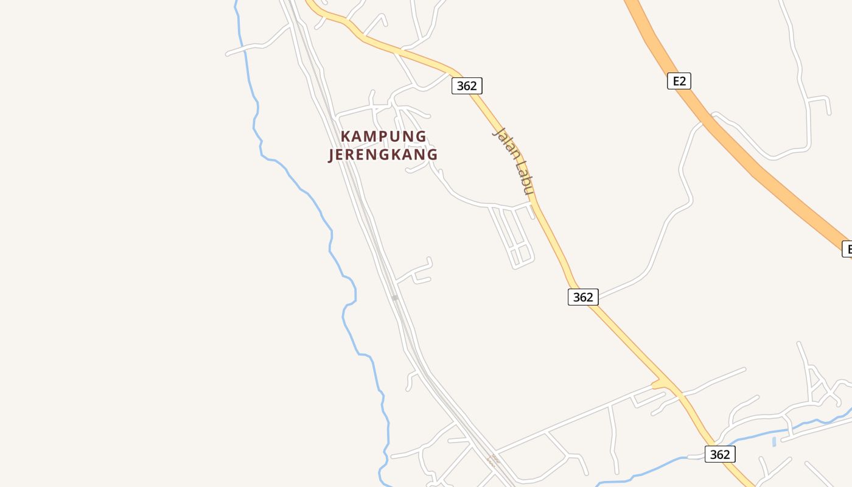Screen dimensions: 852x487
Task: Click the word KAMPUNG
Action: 383,136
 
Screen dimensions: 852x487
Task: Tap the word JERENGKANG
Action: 383,155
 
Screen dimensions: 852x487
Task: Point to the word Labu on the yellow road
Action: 523,177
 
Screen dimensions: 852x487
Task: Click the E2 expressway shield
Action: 679,81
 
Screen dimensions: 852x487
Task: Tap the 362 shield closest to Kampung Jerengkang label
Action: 467,86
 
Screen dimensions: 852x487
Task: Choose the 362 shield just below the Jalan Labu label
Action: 583,297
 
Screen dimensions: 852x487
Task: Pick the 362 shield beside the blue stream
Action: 720,454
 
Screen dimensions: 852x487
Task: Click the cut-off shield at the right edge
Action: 847,249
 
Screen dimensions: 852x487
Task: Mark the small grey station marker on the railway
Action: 395,298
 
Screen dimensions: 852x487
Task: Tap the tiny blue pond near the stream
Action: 773,441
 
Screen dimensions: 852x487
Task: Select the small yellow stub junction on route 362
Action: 657,385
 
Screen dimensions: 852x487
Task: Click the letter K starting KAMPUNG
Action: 346,136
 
